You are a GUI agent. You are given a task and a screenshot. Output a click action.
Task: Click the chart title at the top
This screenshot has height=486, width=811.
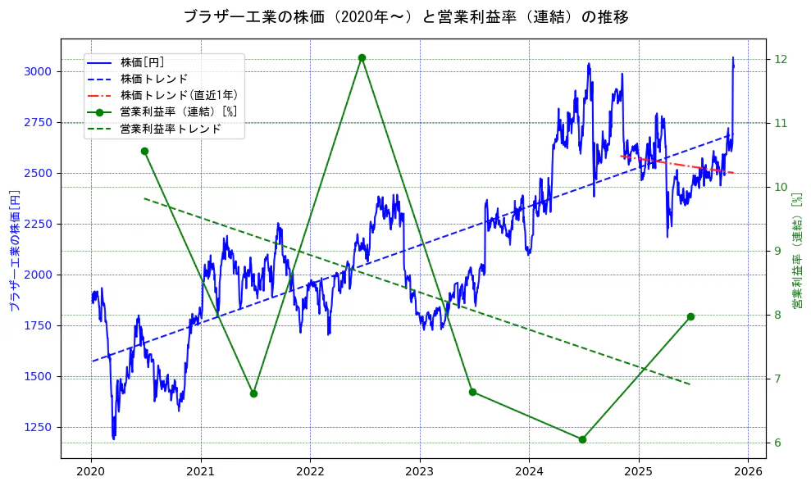[405, 16]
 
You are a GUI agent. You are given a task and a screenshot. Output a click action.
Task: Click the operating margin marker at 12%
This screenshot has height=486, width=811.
[362, 57]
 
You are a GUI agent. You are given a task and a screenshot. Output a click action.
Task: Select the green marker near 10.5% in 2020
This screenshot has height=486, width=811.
[144, 151]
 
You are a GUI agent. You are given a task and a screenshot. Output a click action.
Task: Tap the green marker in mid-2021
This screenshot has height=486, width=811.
[253, 393]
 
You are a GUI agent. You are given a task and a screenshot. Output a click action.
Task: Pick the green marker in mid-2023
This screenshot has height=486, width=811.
[472, 392]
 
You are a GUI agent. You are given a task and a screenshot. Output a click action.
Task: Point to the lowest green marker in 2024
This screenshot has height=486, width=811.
[582, 439]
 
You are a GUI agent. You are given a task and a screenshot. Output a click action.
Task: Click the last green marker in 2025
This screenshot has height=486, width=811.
[690, 316]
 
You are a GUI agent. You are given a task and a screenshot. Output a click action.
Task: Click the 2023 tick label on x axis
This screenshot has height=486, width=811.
[420, 472]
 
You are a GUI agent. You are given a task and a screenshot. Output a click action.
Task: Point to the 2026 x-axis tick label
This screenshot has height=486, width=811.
[748, 472]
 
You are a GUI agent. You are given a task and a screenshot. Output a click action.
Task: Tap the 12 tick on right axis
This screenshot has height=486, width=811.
[781, 59]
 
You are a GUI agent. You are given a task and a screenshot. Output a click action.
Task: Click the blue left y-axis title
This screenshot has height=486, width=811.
[14, 250]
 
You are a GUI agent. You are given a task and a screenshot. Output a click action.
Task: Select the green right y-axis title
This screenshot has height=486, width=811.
[796, 250]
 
